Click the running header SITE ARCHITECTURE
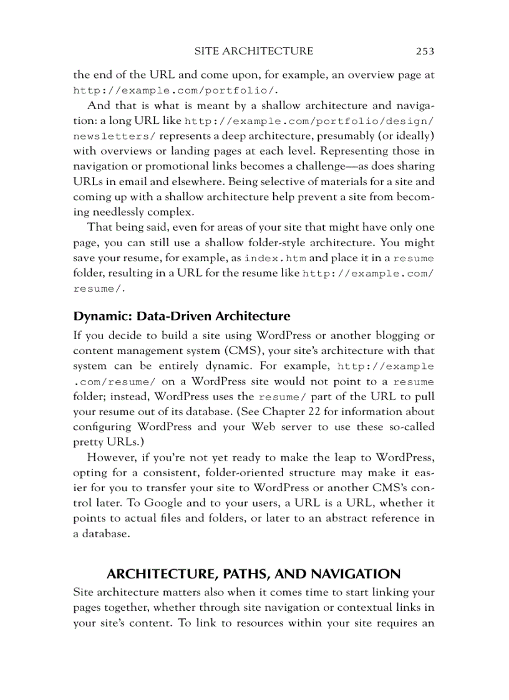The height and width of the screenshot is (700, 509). tap(254, 51)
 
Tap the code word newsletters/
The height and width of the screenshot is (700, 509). tap(115, 136)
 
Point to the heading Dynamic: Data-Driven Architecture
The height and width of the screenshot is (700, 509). tap(182, 315)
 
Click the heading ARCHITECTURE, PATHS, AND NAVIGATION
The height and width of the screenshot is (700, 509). tap(254, 574)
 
